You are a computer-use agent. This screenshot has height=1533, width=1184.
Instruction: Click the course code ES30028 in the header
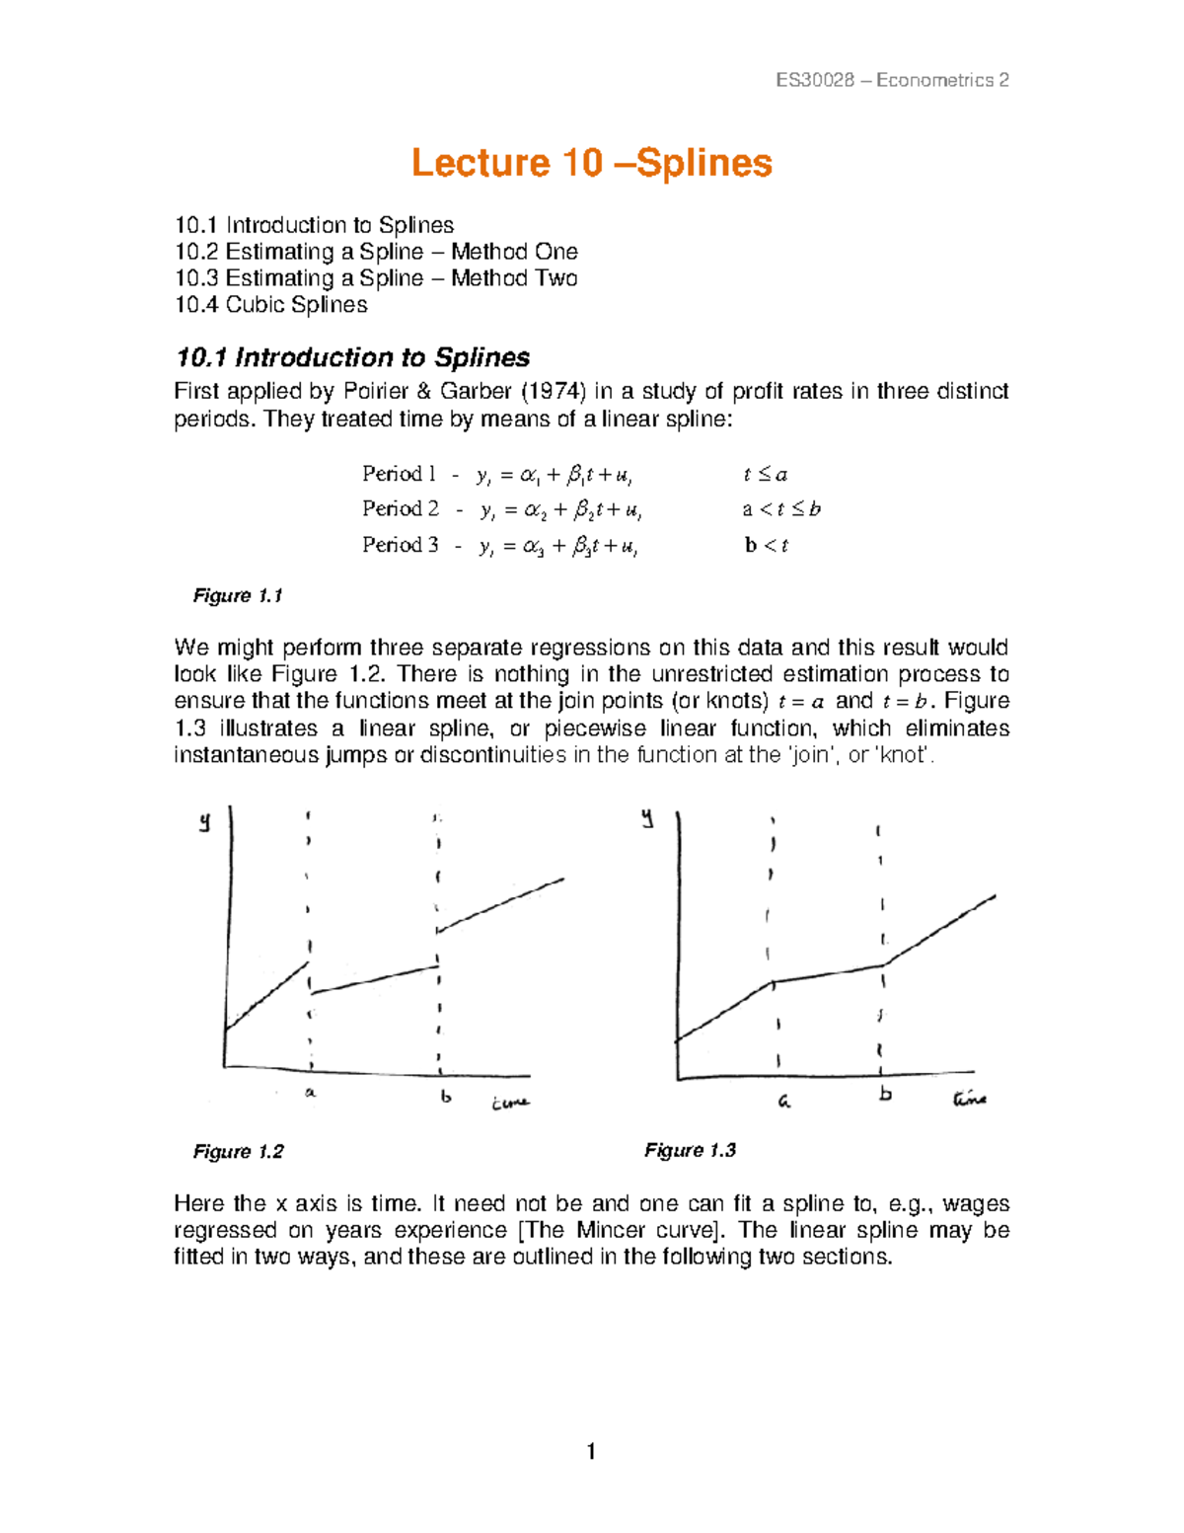(x=815, y=81)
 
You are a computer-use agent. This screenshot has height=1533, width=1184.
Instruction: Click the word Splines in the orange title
(x=704, y=163)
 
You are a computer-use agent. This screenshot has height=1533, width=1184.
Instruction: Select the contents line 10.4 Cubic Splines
(x=270, y=305)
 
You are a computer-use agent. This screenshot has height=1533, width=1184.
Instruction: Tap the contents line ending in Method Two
(x=375, y=278)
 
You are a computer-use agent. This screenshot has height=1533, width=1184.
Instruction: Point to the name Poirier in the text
(x=374, y=392)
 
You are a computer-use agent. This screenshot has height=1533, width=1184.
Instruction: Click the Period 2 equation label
(x=400, y=509)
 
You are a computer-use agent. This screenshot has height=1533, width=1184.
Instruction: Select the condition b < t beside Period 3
(x=767, y=545)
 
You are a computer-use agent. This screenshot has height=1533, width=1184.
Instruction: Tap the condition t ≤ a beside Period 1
(x=765, y=475)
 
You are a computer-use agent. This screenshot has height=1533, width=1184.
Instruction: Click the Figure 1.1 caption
(x=238, y=596)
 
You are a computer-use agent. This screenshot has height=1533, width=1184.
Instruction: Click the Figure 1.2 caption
(x=238, y=1152)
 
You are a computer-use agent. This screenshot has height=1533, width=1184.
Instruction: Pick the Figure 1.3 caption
(x=690, y=1151)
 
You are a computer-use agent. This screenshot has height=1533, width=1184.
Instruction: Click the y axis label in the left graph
(x=204, y=821)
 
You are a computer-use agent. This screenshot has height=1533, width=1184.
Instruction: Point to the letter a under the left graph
(x=310, y=1093)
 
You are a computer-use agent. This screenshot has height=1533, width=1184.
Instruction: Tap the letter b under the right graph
(x=885, y=1094)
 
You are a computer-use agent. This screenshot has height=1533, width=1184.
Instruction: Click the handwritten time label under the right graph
(x=968, y=1098)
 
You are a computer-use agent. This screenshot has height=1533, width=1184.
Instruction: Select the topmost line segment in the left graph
(x=501, y=903)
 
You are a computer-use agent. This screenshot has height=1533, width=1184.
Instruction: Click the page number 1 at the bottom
(x=591, y=1451)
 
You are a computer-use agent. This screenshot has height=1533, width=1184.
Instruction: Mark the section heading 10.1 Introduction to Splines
(x=351, y=357)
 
